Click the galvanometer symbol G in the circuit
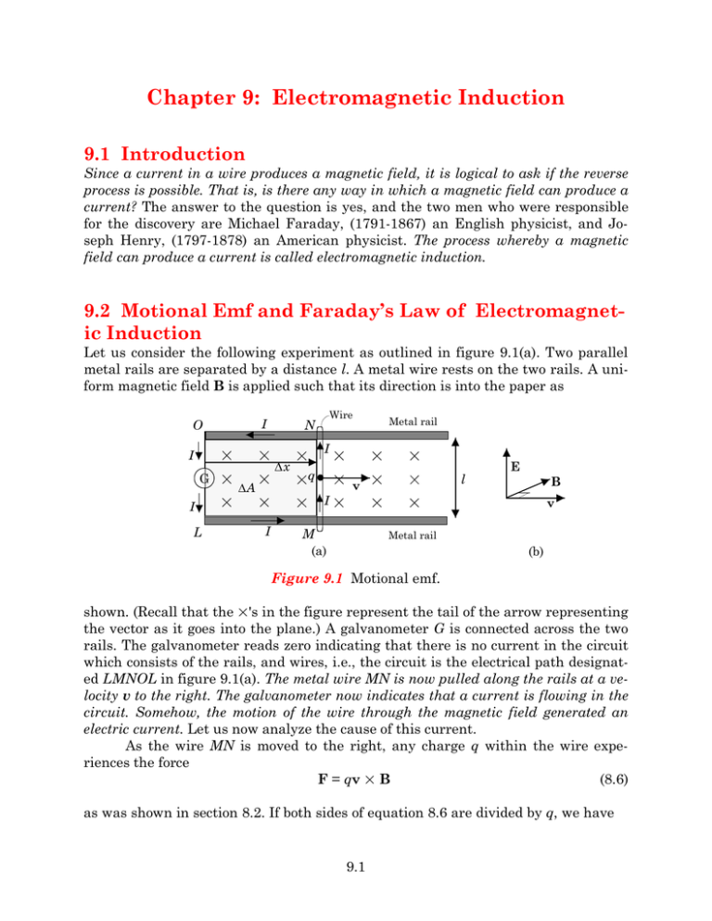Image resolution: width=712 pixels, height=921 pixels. (x=202, y=480)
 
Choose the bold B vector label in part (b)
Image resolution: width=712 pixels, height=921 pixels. (x=555, y=483)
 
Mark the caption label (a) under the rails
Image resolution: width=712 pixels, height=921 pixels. (x=318, y=553)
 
